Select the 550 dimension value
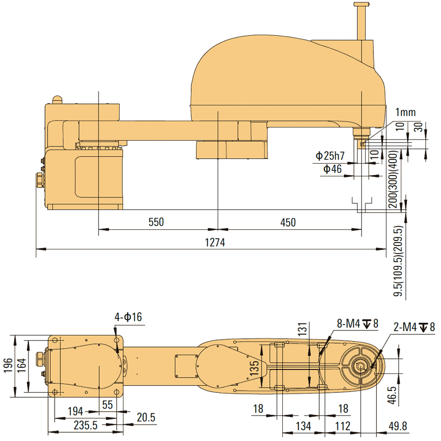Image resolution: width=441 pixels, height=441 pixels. (x=156, y=222)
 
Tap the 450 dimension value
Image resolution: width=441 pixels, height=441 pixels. (x=288, y=222)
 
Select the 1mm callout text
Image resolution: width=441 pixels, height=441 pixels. (x=405, y=113)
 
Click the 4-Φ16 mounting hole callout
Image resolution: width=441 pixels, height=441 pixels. (x=128, y=317)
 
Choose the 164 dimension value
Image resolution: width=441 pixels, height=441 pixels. (x=21, y=365)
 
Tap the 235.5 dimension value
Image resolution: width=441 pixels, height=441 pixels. (x=85, y=426)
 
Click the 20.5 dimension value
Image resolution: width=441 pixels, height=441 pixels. (x=146, y=417)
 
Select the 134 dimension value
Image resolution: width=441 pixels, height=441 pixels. (x=303, y=426)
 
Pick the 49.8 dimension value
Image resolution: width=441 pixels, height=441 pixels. (x=397, y=426)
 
